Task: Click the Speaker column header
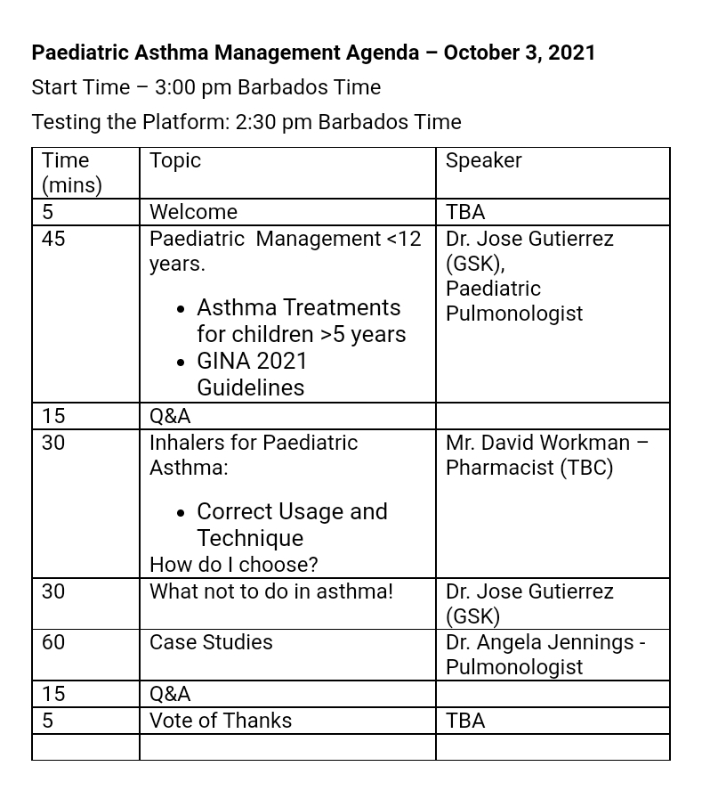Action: click(483, 161)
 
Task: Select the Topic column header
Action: click(175, 161)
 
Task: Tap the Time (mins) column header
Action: click(71, 173)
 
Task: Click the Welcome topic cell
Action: click(193, 212)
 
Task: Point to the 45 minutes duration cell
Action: click(53, 239)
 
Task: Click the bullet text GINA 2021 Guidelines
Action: click(252, 374)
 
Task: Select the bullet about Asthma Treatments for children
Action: click(301, 321)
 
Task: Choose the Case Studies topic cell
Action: click(211, 642)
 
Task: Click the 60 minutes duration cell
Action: click(53, 642)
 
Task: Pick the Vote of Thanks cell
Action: click(220, 721)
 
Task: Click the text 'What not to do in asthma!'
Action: click(270, 591)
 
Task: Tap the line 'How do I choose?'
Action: click(233, 565)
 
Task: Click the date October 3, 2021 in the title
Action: click(519, 53)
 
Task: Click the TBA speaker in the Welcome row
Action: click(465, 212)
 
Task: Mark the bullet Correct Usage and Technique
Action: click(292, 525)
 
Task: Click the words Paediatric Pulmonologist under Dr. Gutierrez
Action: click(513, 301)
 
